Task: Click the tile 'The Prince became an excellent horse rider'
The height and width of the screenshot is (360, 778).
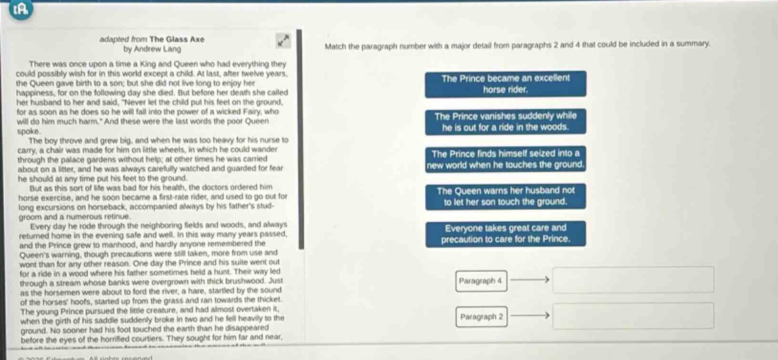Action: coord(505,84)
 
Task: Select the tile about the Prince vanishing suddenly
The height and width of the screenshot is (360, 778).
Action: coord(505,122)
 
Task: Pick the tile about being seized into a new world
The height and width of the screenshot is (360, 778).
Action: coord(505,159)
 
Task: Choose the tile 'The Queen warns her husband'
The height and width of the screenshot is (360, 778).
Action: coord(505,197)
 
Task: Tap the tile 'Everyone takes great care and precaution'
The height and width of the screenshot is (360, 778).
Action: coord(505,234)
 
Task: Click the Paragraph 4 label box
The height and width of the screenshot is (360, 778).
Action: coord(481,281)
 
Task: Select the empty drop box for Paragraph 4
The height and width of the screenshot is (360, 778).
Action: coord(633,280)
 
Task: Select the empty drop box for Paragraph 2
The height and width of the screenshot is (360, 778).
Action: coord(633,316)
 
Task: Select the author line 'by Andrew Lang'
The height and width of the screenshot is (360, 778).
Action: coord(152,48)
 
